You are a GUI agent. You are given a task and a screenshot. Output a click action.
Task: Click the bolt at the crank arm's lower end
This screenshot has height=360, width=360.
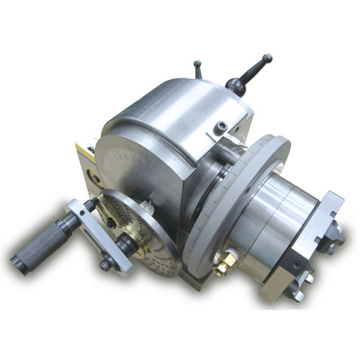(x=107, y=264)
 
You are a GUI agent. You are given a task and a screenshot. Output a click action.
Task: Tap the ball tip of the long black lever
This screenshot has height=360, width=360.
(x=267, y=58)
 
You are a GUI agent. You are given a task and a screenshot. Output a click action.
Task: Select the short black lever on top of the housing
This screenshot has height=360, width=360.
(x=198, y=68)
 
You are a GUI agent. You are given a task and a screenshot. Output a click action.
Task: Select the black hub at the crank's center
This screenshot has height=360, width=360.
(x=127, y=245)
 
